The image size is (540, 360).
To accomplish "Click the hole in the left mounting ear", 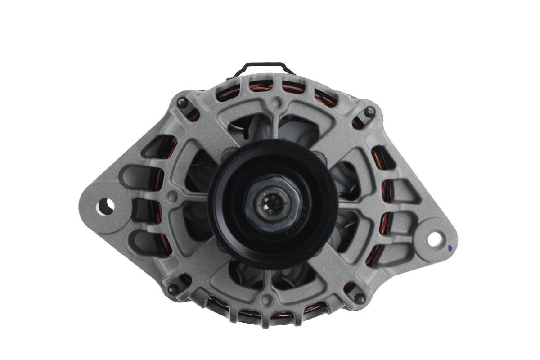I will pyautogui.click(x=105, y=207).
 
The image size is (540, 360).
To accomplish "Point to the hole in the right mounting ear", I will pyautogui.click(x=435, y=239).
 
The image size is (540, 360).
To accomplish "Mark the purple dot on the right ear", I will pyautogui.click(x=450, y=247).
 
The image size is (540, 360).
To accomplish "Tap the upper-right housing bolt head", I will pyautogui.click(x=370, y=112).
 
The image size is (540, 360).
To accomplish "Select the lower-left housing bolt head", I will pyautogui.click(x=173, y=289).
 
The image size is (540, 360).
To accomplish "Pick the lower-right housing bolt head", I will pyautogui.click(x=360, y=298).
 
